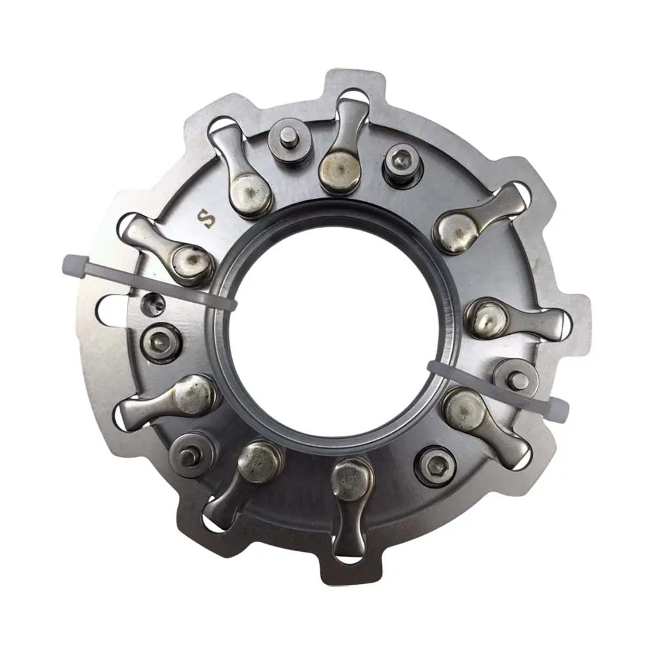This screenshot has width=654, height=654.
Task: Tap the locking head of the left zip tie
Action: coord(75,263)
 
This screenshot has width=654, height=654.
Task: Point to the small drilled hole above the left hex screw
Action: coord(154,305)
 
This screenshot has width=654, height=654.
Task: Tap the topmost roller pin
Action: coord(288,139)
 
